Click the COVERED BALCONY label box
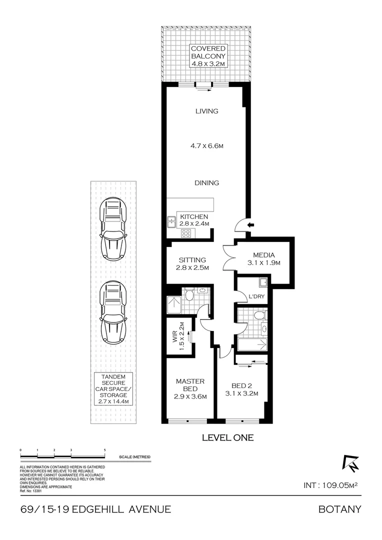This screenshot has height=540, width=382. pos(207,56)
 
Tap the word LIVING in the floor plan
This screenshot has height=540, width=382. pos(207,111)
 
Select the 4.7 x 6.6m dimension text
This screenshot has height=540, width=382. pos(207,146)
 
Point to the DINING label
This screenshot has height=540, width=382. pos(207,183)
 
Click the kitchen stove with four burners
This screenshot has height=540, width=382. pos(186,232)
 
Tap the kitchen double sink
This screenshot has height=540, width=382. pos(171,221)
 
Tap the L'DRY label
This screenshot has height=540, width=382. pos(256,297)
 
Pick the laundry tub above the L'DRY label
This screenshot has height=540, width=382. pos(262,283)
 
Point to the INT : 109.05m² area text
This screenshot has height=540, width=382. pos(332,485)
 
